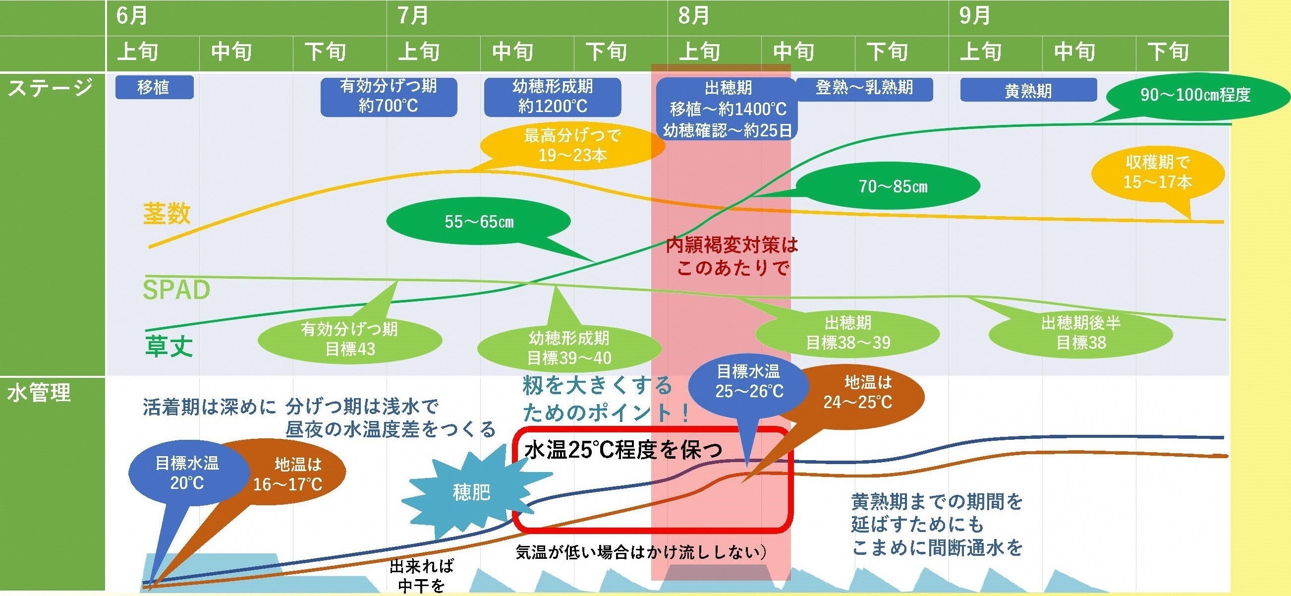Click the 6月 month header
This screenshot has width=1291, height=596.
point(132,15)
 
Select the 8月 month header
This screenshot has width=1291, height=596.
point(694,15)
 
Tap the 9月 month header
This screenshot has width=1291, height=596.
point(975,15)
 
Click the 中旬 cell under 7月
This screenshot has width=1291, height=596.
point(512,52)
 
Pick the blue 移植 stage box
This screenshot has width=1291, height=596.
point(154,87)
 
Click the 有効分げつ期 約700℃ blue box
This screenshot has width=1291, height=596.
point(389,96)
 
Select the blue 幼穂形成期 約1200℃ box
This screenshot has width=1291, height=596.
point(552,96)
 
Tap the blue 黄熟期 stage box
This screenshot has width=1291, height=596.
point(1028,91)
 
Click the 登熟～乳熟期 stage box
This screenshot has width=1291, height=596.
point(864,88)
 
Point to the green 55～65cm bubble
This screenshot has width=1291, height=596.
point(479,222)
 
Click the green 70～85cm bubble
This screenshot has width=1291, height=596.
point(893,186)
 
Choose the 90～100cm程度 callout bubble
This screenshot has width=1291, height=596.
point(1195,94)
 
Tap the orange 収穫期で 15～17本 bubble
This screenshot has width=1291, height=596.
point(1158,173)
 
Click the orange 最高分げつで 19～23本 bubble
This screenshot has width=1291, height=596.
point(572,146)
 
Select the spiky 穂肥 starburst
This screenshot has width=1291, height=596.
point(471,492)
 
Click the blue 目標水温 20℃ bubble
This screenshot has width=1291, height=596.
point(187,473)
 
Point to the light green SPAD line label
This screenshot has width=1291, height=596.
point(176,290)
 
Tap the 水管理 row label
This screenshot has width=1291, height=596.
point(39,393)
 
